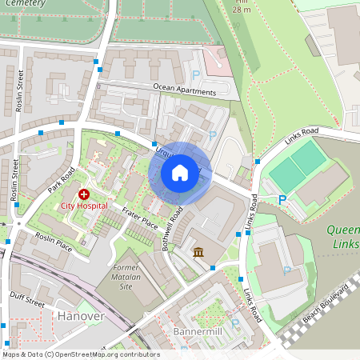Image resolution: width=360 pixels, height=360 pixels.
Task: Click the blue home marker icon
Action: tap(180, 172)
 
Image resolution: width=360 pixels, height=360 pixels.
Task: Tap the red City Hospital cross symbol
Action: tap(84, 194)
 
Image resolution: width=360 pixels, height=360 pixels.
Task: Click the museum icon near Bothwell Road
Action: tap(198, 254)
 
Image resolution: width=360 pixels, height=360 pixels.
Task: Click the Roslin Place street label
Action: tap(54, 242)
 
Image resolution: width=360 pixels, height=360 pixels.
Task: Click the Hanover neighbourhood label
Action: tap(82, 316)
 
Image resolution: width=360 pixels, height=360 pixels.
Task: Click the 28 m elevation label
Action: tap(242, 10)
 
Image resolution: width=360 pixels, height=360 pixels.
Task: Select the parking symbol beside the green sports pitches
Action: tap(282, 199)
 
